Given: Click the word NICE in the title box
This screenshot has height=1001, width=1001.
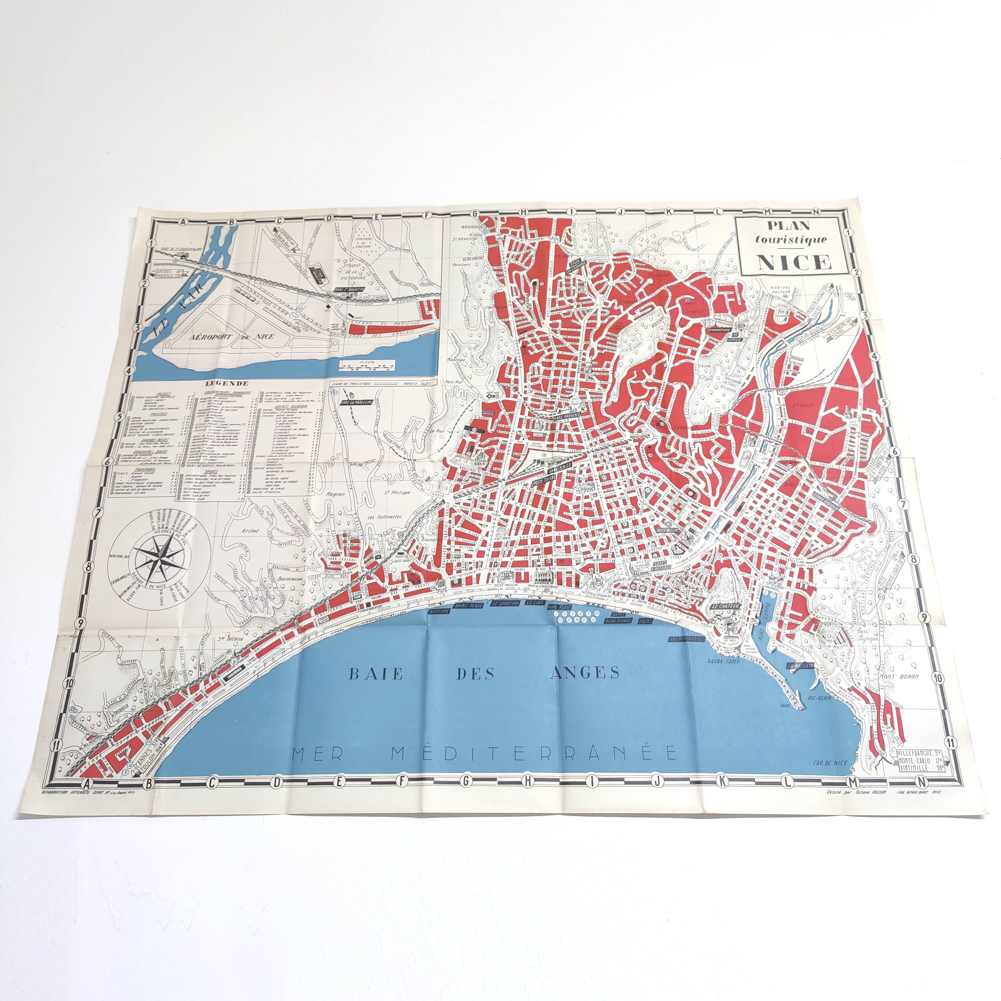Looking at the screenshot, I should pyautogui.click(x=794, y=262).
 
